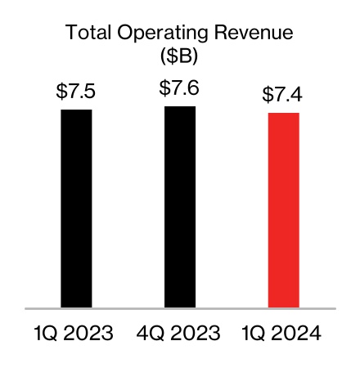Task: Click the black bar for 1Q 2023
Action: click(76, 209)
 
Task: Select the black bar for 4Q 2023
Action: click(180, 207)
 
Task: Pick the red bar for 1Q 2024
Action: click(284, 210)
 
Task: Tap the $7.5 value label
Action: click(76, 92)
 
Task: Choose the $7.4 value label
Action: click(283, 95)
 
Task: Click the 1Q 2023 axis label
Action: click(74, 334)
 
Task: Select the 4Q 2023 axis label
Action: click(179, 334)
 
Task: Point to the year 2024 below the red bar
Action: click(299, 334)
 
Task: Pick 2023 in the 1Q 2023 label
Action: click(89, 334)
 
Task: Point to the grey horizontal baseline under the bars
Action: click(180, 309)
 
